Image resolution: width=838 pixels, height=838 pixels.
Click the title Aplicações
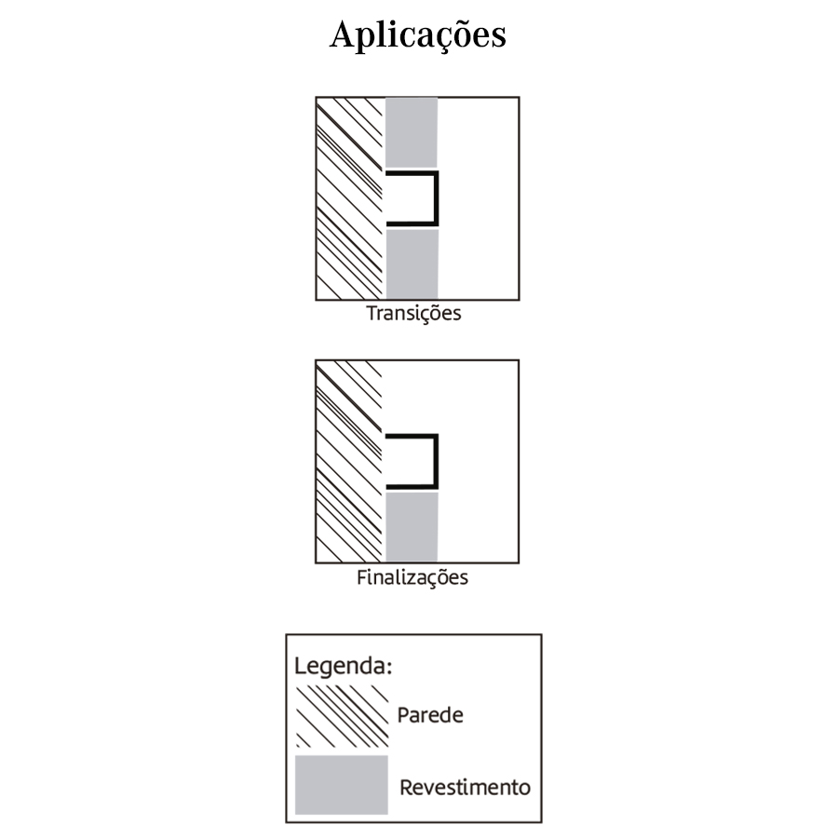point(417,35)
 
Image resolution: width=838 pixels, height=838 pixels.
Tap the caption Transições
point(413,314)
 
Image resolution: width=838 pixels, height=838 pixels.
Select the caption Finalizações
point(412,578)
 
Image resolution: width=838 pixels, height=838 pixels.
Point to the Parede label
point(430,715)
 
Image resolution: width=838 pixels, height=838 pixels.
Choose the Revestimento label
point(465,787)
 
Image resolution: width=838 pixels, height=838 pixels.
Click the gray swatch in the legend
point(342,785)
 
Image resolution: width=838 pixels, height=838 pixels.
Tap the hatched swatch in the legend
point(342,716)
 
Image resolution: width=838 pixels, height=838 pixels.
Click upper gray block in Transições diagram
point(412,132)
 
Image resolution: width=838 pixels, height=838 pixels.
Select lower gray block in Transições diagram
point(412,264)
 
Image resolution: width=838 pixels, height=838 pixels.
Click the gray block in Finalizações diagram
point(412,527)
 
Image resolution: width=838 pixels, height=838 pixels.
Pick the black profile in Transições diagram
point(412,199)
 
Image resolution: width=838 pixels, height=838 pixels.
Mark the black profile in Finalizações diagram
point(412,462)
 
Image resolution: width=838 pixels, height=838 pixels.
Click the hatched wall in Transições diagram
point(350,199)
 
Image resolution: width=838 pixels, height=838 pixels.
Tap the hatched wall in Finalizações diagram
point(349,462)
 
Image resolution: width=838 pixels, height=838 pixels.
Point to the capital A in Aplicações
point(344,34)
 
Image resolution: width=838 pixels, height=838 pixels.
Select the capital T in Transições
point(372,313)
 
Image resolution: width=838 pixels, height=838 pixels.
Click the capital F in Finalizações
point(362,577)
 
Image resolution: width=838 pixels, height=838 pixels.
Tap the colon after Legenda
point(389,669)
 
